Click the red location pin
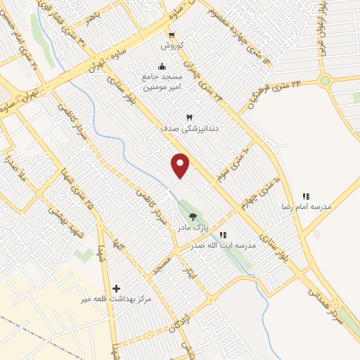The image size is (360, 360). (x=181, y=165)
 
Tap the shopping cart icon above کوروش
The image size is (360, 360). (x=171, y=34)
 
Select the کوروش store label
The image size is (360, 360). (x=171, y=45)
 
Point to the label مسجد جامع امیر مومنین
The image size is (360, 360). (x=162, y=81)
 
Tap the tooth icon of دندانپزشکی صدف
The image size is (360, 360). (x=188, y=117)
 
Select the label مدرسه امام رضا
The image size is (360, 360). (x=307, y=208)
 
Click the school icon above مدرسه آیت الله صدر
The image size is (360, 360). (x=223, y=235)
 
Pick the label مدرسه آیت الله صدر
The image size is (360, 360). (x=224, y=245)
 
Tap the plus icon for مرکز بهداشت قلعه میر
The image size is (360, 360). (x=116, y=288)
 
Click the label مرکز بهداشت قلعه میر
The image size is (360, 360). (x=116, y=300)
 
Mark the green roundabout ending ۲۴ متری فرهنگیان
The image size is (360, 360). (x=324, y=81)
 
